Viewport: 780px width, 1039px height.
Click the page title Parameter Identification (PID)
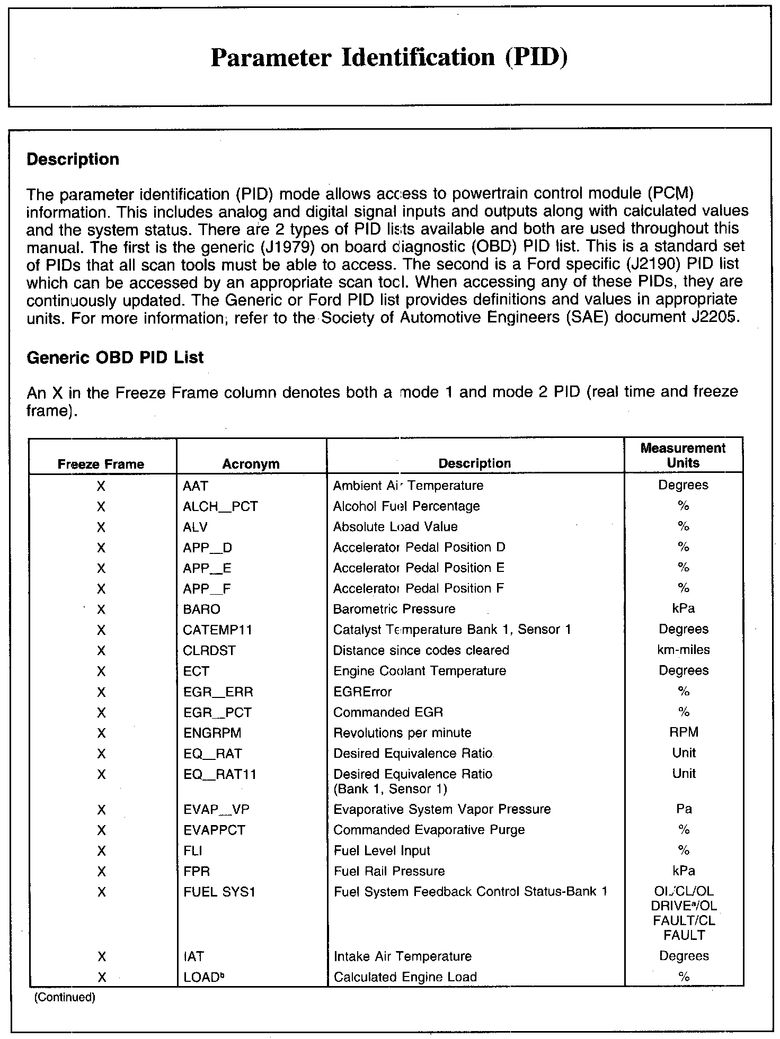389,57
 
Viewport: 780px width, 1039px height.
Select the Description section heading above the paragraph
73,159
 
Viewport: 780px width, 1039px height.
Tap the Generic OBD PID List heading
115,357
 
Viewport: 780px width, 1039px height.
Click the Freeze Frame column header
101,464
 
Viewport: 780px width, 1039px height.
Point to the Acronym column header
251,464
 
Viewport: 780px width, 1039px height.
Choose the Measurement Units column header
683,455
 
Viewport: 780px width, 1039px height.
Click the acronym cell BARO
201,609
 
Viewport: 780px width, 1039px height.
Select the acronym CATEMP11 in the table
217,630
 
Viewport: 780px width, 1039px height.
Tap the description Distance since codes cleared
421,650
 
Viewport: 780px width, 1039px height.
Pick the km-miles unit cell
684,650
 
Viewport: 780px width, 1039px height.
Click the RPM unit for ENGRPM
684,732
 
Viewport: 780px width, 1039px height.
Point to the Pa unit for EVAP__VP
684,809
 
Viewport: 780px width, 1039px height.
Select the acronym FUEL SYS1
219,892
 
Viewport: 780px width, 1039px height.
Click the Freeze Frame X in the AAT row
101,486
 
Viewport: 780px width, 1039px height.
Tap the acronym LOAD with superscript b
201,977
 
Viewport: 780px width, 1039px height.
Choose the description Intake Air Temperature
403,956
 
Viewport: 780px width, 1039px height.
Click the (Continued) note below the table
65,998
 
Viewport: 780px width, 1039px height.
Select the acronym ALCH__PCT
220,506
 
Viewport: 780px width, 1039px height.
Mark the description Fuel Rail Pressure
389,871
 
